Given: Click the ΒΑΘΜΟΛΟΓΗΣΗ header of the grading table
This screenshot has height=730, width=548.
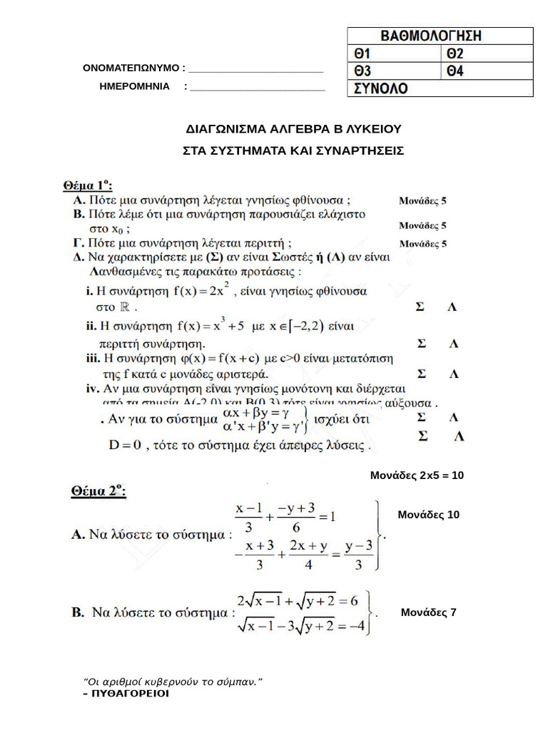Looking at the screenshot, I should (440, 36).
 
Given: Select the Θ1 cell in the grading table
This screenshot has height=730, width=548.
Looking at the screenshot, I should (395, 53).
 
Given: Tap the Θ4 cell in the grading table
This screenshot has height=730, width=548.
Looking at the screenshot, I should (489, 71).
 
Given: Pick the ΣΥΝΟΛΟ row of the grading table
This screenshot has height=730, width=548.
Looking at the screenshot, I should (440, 88).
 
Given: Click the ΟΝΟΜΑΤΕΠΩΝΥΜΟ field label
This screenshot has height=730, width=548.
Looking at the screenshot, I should (133, 68).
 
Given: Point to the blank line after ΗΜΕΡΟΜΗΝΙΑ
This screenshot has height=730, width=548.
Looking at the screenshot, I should (258, 87).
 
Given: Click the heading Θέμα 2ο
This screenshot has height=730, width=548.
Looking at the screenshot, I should (98, 490).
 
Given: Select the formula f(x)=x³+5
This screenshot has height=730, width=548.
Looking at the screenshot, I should (210, 327).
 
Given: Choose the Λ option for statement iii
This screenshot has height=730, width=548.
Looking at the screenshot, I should (453, 374).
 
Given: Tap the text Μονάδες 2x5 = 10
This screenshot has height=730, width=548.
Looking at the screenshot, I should (417, 475).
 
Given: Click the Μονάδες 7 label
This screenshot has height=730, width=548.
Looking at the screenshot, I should (428, 612).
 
